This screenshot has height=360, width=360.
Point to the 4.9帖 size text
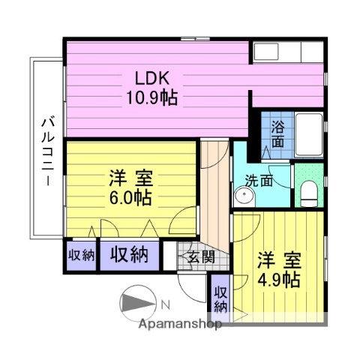[x=280, y=280]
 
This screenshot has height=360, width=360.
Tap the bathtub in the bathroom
[x=307, y=136]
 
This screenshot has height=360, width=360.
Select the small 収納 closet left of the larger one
[x=81, y=255]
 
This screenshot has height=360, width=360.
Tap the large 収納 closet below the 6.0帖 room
[x=129, y=254]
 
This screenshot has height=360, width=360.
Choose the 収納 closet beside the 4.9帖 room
[x=220, y=298]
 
